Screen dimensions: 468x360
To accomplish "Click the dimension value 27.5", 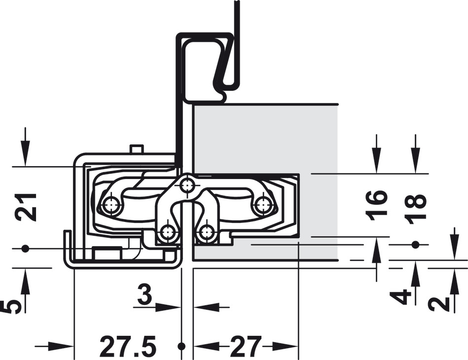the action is point(128,346).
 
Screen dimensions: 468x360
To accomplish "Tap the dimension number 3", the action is point(145,294).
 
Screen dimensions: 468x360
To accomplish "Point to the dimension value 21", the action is point(27,207).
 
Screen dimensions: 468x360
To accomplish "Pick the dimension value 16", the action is point(377,205).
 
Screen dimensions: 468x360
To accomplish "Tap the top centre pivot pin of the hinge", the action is point(187,186).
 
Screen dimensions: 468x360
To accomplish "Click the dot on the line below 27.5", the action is point(181,346).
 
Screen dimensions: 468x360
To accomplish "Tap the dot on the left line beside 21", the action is point(25,248).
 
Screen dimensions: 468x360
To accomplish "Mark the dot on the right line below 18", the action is point(414,245).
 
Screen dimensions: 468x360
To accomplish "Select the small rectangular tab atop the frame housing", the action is point(137,149).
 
